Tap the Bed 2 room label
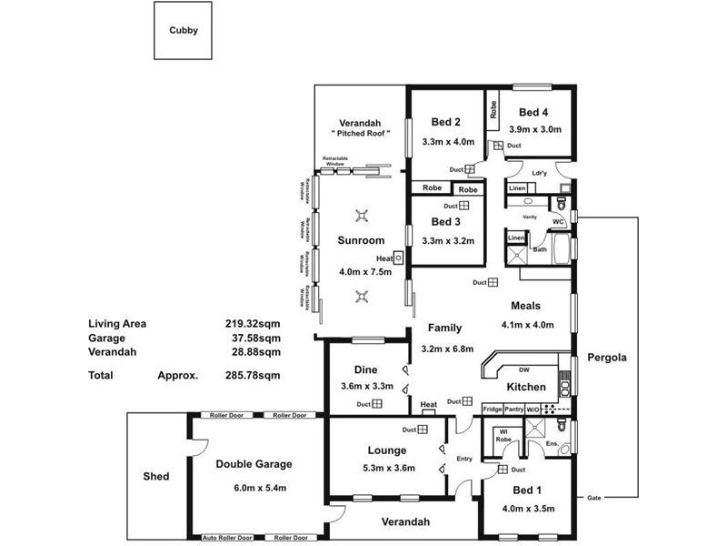[x=445, y=123]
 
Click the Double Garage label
[x=254, y=464]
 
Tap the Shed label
[x=156, y=477]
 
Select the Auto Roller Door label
[x=227, y=538]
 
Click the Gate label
[x=595, y=498]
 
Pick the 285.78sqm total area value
[x=252, y=375]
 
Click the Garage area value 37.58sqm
[x=252, y=337]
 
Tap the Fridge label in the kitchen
[x=492, y=409]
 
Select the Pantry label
[x=513, y=409]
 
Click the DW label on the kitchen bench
[x=523, y=370]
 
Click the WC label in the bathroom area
[x=559, y=221]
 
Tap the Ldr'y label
[x=539, y=173]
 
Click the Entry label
[x=464, y=459]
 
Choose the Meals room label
[x=525, y=307]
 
